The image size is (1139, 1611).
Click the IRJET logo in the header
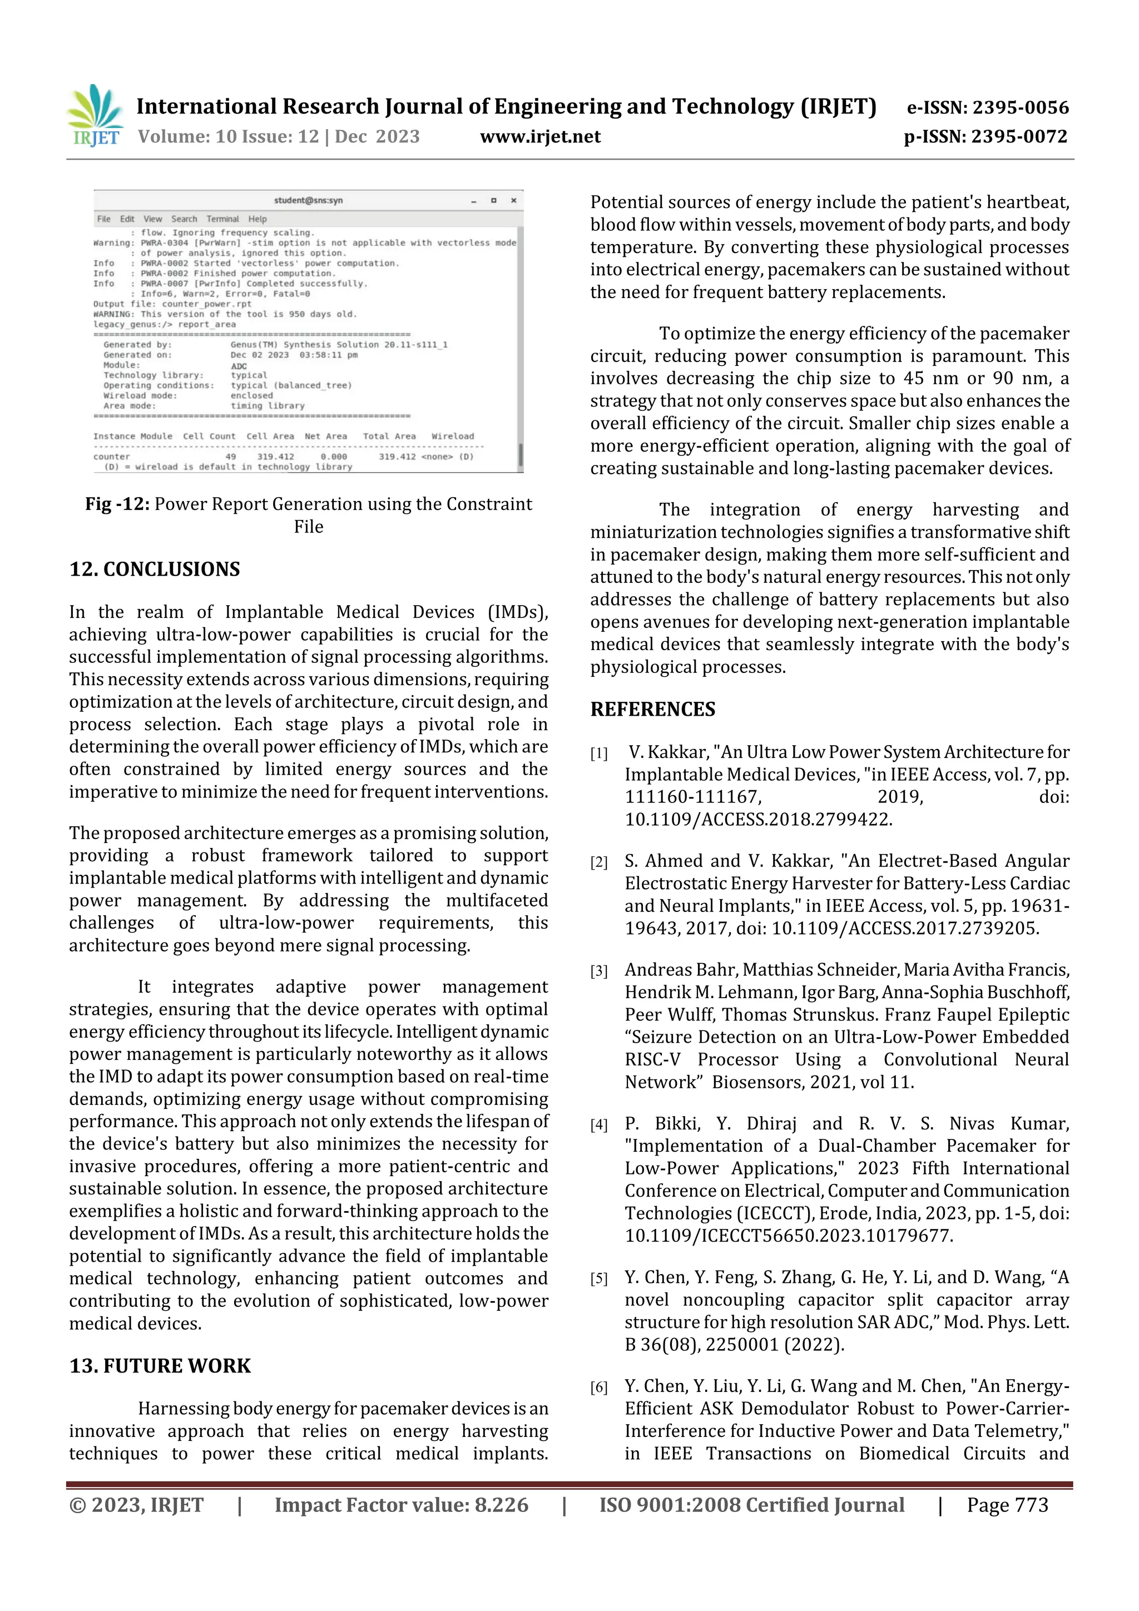(x=95, y=116)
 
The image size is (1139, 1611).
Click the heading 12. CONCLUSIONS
(x=155, y=569)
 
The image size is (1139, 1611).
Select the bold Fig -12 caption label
(x=117, y=504)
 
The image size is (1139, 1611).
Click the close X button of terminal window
(x=514, y=200)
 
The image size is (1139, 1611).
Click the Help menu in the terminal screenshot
(x=257, y=219)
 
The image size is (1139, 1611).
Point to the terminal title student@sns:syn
(x=308, y=200)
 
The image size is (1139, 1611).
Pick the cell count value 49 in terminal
(x=230, y=457)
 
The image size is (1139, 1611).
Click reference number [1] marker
(x=598, y=754)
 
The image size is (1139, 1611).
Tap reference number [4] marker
(x=598, y=1126)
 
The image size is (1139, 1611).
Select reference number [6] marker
(x=598, y=1387)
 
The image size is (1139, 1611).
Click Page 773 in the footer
(x=1007, y=1504)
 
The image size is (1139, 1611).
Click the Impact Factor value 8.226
(x=501, y=1504)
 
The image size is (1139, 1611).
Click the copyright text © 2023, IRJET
(x=136, y=1504)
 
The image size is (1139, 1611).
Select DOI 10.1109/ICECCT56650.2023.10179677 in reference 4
(x=788, y=1236)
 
